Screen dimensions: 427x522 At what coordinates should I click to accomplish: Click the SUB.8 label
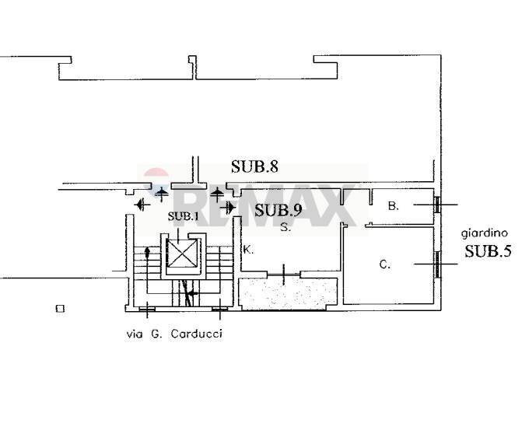[254, 166]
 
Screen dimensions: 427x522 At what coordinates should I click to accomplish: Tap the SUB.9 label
[278, 209]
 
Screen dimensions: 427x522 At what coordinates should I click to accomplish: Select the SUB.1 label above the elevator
[184, 215]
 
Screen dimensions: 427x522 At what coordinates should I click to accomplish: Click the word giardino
[485, 232]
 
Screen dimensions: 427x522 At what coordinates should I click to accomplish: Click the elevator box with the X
[184, 254]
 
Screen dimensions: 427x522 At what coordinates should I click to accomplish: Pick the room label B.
[394, 206]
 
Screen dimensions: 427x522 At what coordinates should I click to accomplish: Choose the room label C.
[384, 264]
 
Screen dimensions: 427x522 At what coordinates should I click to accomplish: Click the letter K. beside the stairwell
[248, 250]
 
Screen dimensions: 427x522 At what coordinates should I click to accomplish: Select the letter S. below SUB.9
[286, 228]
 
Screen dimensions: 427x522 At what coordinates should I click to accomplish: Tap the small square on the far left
[60, 309]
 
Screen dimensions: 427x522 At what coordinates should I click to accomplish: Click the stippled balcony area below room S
[289, 293]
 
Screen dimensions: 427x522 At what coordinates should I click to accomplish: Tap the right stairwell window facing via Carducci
[219, 310]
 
